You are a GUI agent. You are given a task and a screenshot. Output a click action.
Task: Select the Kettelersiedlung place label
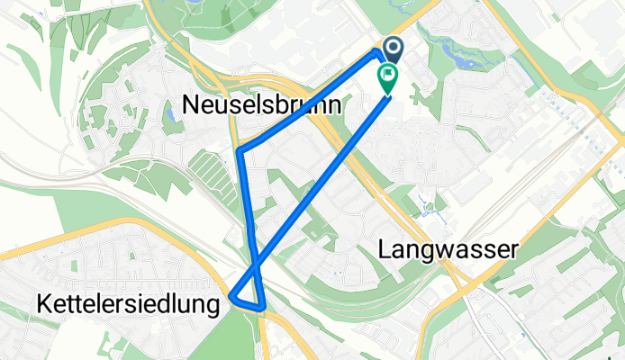(128, 304)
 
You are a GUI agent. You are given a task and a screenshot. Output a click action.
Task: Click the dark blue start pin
(393, 49)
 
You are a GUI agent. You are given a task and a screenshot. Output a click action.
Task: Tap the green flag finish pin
(388, 78)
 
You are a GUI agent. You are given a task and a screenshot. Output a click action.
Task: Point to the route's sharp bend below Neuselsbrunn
(239, 150)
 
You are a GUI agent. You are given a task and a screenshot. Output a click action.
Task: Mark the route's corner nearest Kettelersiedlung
(233, 295)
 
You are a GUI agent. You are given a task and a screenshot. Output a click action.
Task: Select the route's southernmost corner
(262, 307)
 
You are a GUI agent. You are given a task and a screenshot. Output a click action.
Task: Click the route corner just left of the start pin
(376, 52)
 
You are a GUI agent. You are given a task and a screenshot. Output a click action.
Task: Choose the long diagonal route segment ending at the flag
(324, 180)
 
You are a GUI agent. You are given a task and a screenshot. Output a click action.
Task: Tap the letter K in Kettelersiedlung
(43, 304)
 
